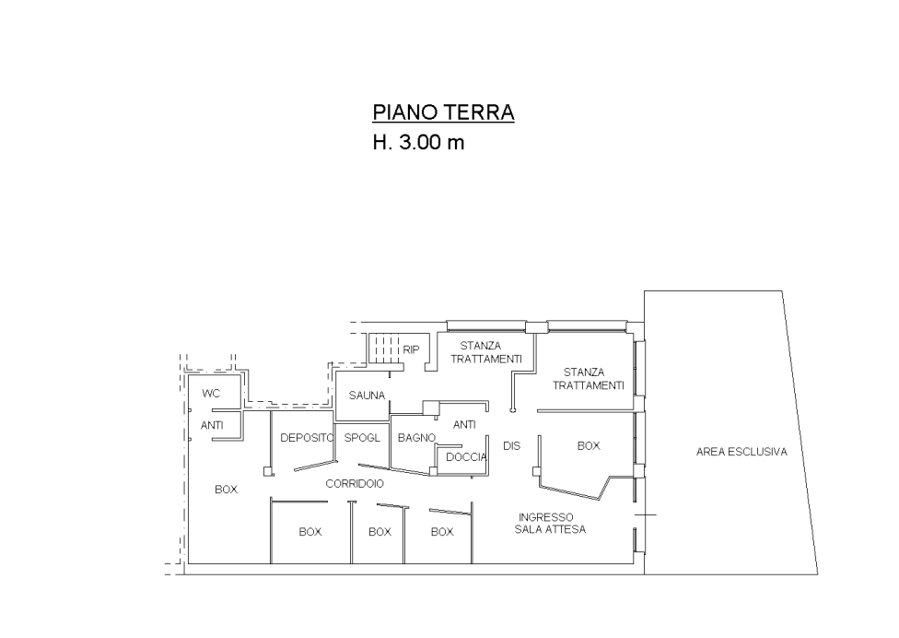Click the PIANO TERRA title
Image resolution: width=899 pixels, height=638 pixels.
(x=443, y=113)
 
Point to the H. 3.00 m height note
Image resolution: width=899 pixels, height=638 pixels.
(x=419, y=143)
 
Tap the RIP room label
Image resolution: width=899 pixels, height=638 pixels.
(x=412, y=349)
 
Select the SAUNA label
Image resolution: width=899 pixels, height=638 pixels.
(x=366, y=396)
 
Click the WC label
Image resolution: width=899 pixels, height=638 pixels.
(x=211, y=394)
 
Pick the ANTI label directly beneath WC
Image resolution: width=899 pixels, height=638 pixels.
(x=212, y=425)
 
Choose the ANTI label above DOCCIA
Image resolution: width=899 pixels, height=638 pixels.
(x=464, y=425)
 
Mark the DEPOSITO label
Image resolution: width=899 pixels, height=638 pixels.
(x=306, y=438)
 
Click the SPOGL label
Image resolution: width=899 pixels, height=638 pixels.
(x=362, y=438)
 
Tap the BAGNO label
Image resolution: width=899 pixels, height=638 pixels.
(x=415, y=438)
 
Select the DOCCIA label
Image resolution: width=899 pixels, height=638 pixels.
(x=466, y=457)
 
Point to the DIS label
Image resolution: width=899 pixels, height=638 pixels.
(x=512, y=445)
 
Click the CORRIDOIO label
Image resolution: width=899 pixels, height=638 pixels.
(x=355, y=483)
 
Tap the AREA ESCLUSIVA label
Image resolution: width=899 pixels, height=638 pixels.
(x=741, y=453)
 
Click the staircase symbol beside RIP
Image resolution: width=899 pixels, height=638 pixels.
(x=385, y=349)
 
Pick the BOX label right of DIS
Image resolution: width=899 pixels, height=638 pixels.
(x=588, y=445)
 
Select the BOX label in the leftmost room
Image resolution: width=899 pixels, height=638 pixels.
(x=226, y=490)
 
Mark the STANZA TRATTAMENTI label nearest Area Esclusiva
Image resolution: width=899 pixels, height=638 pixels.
(x=589, y=379)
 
